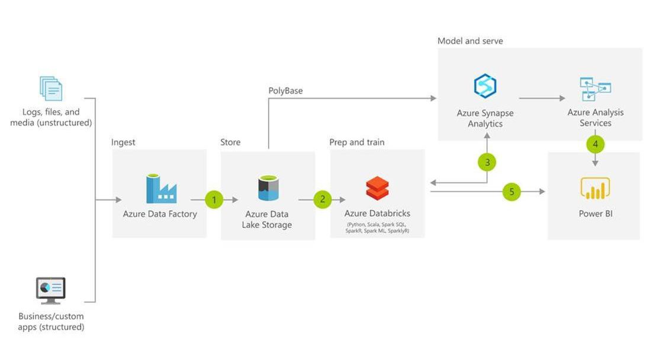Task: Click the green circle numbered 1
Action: pos(214,200)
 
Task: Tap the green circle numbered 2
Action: pos(323,200)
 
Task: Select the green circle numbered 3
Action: pos(487,162)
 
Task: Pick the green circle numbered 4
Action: pos(596,143)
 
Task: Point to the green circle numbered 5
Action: pos(512,191)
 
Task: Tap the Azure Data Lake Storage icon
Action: pos(268,188)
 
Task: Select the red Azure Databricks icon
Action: pos(377,188)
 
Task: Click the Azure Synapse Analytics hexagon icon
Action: pos(485,86)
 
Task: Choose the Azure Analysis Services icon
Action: pos(595,89)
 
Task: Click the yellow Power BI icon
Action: pos(595,189)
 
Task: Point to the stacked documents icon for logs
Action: pos(51,88)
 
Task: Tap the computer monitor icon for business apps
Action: pos(51,290)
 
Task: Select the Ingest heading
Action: pos(123,142)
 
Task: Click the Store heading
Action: pos(230,142)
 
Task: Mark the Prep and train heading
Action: pos(357,142)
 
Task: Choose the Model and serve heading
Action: pos(470,41)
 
